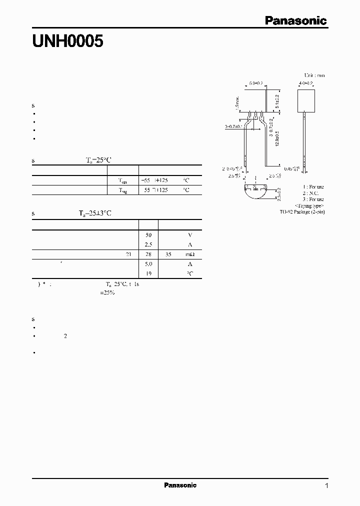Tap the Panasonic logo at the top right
click(x=295, y=20)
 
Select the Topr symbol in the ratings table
click(x=123, y=180)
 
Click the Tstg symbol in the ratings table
click(x=123, y=190)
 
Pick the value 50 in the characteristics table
click(x=148, y=235)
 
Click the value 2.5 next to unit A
click(x=148, y=244)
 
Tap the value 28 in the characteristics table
click(x=148, y=254)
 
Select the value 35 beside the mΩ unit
click(x=168, y=254)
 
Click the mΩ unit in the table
click(x=190, y=254)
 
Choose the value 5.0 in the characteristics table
click(x=148, y=264)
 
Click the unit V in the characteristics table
click(x=190, y=235)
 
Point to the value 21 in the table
click(x=128, y=254)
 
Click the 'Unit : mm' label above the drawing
click(x=314, y=75)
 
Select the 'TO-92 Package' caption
click(x=301, y=212)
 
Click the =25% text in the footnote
click(x=107, y=292)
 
